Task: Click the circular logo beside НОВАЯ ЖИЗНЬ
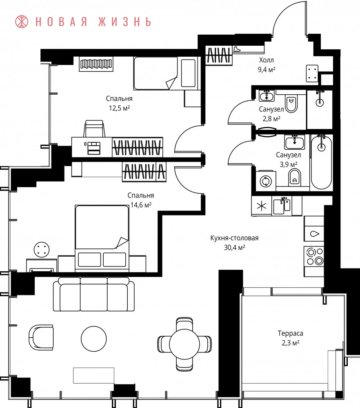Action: click(22, 22)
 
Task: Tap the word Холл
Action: click(266, 60)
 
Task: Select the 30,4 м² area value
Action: click(235, 247)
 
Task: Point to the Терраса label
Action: click(290, 333)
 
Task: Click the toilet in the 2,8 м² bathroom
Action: click(291, 103)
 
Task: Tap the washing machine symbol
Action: click(266, 181)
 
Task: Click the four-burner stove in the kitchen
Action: click(314, 256)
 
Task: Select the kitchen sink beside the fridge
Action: click(282, 206)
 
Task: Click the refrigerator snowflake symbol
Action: click(261, 206)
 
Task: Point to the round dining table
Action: click(184, 344)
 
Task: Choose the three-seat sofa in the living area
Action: click(94, 294)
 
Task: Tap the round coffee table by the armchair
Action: click(94, 339)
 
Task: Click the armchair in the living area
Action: click(41, 337)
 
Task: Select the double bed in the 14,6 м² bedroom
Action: click(102, 238)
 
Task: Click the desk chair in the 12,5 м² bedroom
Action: click(94, 129)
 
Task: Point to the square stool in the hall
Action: click(312, 73)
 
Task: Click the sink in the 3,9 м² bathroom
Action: click(294, 142)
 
